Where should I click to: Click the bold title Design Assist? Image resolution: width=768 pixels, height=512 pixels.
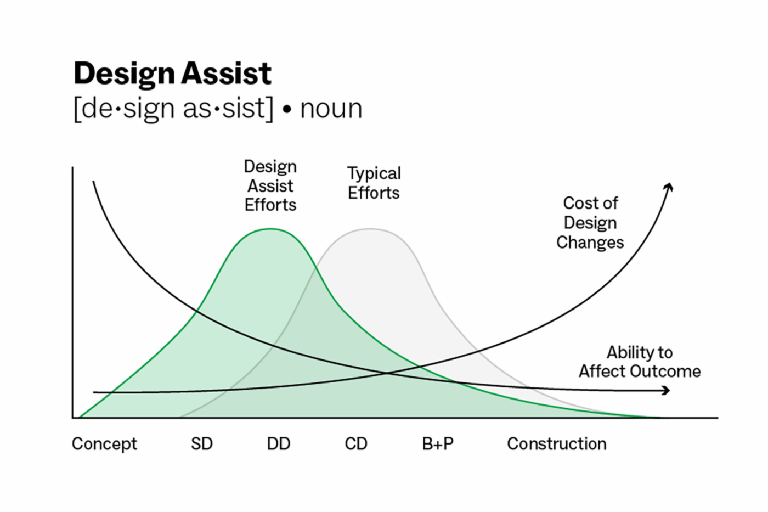click(x=172, y=74)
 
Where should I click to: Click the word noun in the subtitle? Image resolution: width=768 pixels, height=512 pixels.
click(x=331, y=109)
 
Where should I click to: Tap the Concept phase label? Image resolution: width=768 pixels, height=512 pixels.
click(x=104, y=443)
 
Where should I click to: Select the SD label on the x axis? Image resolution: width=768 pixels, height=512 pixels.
click(x=201, y=443)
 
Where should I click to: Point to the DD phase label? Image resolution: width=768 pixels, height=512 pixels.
click(x=278, y=443)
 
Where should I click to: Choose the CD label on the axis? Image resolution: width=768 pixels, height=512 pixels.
click(x=355, y=443)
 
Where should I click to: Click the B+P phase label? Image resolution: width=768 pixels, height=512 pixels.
click(x=438, y=443)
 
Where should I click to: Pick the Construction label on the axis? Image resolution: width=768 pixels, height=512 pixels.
click(x=556, y=443)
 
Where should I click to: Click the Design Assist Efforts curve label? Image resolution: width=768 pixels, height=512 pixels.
click(x=270, y=185)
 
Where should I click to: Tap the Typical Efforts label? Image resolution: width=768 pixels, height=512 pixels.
click(x=374, y=183)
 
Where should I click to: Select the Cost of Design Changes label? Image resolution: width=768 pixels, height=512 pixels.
click(x=590, y=222)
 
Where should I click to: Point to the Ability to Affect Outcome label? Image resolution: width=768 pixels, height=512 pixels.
click(x=640, y=362)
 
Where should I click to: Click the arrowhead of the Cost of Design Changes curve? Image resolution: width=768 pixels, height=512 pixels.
click(x=669, y=187)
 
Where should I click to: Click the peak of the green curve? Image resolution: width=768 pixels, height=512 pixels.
click(x=270, y=229)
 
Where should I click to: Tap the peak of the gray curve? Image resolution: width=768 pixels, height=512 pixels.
click(x=371, y=229)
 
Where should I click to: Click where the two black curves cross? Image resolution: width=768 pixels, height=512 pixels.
click(x=387, y=374)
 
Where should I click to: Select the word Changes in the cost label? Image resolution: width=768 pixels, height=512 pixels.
click(x=590, y=242)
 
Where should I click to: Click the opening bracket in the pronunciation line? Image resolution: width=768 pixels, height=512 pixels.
click(x=77, y=109)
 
